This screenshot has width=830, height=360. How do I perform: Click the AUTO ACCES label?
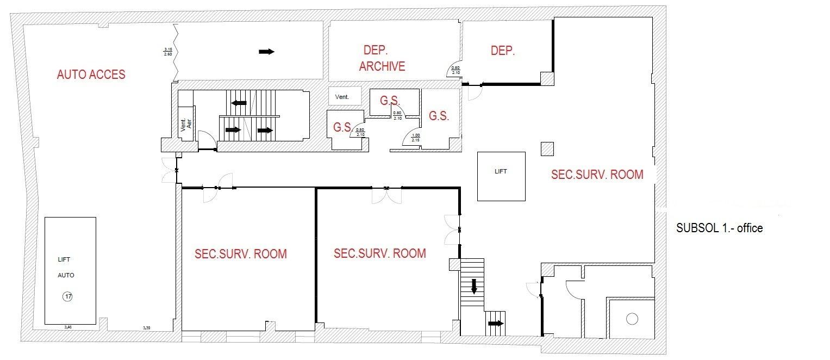coord(91,75)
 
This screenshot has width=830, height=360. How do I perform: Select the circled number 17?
coord(68,297)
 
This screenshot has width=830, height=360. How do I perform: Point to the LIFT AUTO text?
coord(66,268)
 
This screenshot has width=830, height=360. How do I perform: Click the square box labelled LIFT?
coord(501,176)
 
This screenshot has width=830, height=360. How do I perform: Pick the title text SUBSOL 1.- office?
coord(719,228)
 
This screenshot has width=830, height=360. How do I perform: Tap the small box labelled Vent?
coord(345,97)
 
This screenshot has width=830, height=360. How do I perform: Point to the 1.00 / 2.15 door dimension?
coord(416,138)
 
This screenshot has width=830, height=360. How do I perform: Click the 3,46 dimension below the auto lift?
coord(68,328)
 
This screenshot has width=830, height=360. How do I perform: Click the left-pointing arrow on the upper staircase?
coord(239,102)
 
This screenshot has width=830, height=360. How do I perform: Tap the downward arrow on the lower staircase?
coord(474,286)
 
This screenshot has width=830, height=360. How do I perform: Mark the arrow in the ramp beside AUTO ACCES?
coord(266,52)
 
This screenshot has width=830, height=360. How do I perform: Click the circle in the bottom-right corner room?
coord(632,319)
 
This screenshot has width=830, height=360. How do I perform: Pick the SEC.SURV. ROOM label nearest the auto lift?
coord(241,254)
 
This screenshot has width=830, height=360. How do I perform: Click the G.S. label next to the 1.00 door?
coord(439,116)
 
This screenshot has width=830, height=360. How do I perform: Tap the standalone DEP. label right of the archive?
coord(502,51)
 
